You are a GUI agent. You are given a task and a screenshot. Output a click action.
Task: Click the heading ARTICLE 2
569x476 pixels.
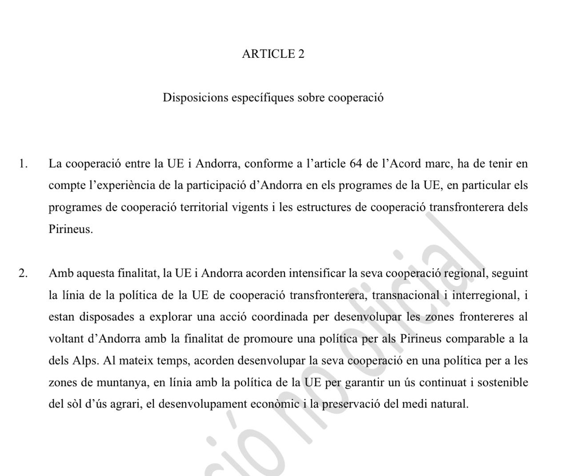point(273,54)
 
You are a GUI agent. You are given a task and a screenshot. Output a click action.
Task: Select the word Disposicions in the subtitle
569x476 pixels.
point(195,97)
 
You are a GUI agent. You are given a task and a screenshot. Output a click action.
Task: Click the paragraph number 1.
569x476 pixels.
point(23,164)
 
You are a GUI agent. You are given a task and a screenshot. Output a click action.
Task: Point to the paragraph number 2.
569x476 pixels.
point(23,273)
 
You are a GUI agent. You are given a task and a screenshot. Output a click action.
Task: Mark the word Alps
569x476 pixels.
point(85,360)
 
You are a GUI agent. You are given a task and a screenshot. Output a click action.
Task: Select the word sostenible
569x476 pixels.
point(503,382)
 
